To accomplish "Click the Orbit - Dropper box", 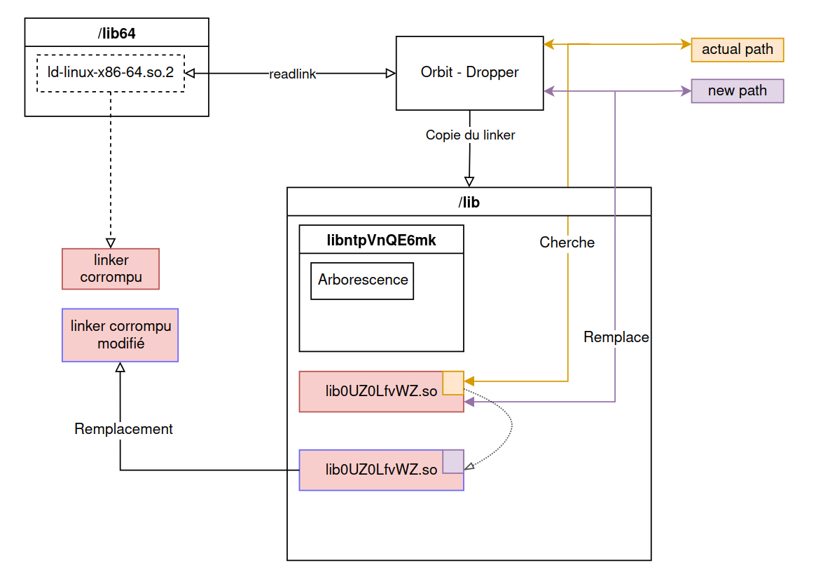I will click(469, 73).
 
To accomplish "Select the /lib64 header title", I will click(116, 32).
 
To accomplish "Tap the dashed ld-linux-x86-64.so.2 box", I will click(110, 73).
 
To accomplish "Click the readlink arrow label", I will click(292, 74).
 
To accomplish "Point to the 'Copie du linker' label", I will click(470, 135).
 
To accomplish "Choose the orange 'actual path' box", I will click(737, 50).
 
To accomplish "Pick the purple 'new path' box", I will click(737, 91).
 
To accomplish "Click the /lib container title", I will click(469, 202).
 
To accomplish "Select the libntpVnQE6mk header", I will click(381, 240).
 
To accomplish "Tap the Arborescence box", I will click(362, 280).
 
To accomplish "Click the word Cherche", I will click(567, 243).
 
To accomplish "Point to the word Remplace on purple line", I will click(616, 337).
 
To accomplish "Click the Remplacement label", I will click(123, 429).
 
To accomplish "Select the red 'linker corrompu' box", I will click(111, 269).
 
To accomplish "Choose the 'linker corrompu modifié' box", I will click(120, 335).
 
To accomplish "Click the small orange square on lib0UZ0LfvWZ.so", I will click(452, 383).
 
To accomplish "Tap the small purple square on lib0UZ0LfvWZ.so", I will click(452, 461).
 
